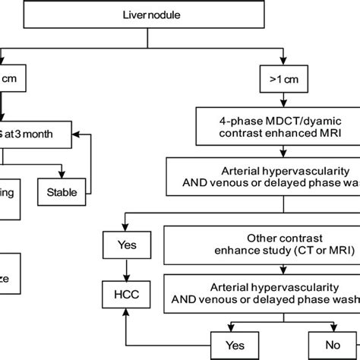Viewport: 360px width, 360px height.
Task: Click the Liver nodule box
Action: tap(180, 14)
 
